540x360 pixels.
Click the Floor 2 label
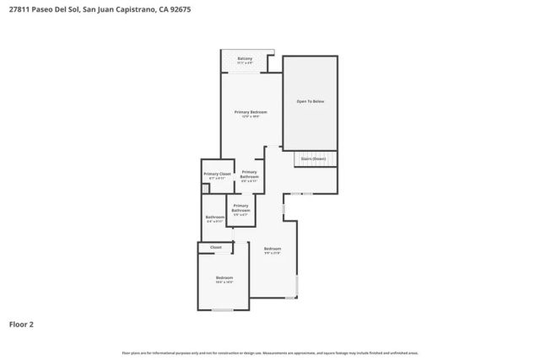coord(21,323)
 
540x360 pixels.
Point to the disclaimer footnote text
coord(269,352)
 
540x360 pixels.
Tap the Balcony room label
coord(245,60)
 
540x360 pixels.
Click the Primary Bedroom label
coord(251,114)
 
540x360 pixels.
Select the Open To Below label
coord(310,101)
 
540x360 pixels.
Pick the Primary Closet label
coord(217,175)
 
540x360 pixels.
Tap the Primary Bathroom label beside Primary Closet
coord(250,176)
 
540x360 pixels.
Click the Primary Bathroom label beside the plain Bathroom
coord(240,209)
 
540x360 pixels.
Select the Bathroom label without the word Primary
coord(214,218)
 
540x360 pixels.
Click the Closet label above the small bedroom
coord(216,247)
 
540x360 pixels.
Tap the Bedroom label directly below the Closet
coord(224,279)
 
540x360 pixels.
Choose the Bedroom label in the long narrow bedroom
coord(272,250)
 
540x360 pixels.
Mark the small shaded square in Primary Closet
coord(205,189)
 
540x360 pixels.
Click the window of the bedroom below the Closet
coord(223,310)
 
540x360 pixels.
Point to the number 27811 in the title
coord(16,11)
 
